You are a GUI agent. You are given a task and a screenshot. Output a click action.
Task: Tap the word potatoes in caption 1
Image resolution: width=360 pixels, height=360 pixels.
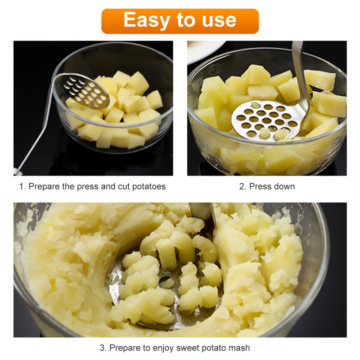pos(149,187)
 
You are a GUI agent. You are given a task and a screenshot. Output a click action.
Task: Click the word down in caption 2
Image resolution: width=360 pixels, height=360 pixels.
pos(284,186)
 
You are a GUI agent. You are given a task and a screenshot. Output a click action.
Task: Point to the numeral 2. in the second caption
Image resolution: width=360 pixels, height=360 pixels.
pos(243,186)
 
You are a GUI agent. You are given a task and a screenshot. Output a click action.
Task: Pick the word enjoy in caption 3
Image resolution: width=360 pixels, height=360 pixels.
pos(163,348)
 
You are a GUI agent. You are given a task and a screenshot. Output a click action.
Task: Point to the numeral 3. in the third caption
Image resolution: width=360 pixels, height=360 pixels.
pos(103,348)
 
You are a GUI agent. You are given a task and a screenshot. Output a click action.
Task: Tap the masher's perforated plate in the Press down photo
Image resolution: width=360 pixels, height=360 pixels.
pos(266,120)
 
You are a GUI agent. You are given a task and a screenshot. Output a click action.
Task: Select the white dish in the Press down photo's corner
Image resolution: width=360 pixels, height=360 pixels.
pos(205,51)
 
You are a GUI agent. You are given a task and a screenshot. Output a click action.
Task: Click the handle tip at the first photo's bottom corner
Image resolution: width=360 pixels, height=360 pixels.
pos(18,171)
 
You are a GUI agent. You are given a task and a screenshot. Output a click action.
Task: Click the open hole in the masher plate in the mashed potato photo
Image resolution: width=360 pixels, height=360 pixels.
pos(166,282)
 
